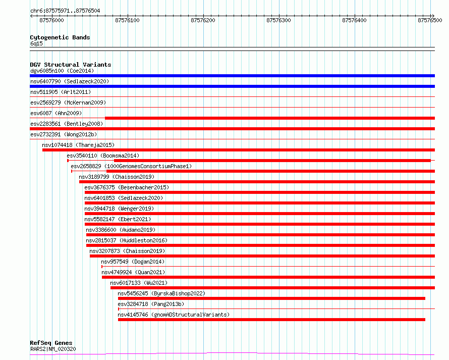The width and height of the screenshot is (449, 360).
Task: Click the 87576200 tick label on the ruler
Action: click(203, 20)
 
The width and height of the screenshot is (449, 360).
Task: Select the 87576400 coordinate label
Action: click(354, 20)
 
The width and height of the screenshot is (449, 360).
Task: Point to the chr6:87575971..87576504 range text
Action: click(65, 11)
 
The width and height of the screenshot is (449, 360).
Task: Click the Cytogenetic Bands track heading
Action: click(60, 37)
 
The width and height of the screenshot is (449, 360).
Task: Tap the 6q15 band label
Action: click(36, 43)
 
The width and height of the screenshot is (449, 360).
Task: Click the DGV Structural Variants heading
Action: click(71, 65)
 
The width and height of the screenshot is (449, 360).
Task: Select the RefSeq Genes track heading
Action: click(51, 343)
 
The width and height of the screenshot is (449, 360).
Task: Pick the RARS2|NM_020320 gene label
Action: click(53, 349)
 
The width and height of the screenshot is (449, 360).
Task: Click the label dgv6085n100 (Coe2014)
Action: click(62, 71)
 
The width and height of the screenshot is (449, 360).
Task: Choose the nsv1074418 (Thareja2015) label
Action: click(78, 145)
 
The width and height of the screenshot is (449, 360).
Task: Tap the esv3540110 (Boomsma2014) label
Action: click(103, 156)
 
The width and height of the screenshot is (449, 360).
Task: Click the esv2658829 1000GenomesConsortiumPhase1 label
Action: click(131, 166)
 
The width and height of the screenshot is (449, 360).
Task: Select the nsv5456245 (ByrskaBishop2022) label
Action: click(161, 293)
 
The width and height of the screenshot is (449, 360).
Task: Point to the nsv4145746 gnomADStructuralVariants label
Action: click(174, 315)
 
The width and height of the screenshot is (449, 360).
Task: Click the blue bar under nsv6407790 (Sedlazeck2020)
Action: click(232, 86)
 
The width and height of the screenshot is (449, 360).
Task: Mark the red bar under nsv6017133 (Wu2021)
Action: click(272, 288)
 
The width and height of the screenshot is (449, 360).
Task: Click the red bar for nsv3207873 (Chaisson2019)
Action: click(262, 256)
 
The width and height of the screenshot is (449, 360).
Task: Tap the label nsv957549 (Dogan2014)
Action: click(133, 262)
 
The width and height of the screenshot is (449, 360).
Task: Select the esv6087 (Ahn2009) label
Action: click(56, 113)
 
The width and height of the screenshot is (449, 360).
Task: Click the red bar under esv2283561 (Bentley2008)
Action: click(232, 129)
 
